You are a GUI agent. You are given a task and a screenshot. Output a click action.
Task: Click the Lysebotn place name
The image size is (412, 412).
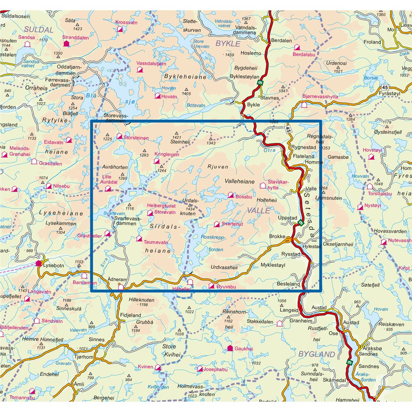[x=54, y=265]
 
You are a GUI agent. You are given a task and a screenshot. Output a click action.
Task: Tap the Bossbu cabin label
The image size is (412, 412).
[x=244, y=197]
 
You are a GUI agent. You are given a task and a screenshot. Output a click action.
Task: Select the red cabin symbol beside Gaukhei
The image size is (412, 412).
[x=230, y=348]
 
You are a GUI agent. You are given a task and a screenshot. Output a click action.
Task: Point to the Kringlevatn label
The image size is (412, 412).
[x=167, y=154]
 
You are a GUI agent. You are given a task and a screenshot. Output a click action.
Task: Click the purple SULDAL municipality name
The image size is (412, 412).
[x=39, y=30]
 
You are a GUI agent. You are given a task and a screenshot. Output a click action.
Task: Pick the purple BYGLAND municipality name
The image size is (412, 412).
[x=317, y=354]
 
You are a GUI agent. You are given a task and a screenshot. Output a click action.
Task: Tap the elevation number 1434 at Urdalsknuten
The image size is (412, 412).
[x=190, y=209]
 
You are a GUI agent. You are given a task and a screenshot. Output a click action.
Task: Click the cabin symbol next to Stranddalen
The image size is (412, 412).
[x=66, y=44]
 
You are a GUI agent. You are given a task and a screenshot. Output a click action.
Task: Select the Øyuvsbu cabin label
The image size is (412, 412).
[x=226, y=287]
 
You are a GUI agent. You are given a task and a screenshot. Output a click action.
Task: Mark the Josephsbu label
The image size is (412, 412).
[x=215, y=369]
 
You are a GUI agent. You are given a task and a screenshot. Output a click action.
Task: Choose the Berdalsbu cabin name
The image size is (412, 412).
[x=304, y=54]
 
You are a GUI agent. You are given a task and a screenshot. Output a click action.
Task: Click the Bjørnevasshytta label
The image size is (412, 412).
[x=320, y=97]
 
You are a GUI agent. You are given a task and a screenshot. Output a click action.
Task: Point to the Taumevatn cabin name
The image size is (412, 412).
[x=156, y=242]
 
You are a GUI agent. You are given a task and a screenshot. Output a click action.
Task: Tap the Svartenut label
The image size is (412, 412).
[x=232, y=224]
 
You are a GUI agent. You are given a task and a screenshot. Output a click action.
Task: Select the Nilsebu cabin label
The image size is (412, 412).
[x=61, y=186]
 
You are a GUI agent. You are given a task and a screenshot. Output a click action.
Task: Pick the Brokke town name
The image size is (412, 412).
[x=277, y=236]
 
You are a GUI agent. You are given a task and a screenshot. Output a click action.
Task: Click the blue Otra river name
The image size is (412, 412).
[x=270, y=150]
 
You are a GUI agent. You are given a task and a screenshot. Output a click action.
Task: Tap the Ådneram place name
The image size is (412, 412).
[x=117, y=279]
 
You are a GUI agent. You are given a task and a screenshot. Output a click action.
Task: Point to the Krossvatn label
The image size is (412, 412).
[x=126, y=23]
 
